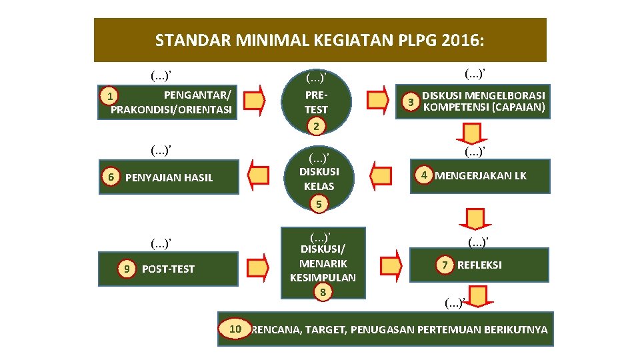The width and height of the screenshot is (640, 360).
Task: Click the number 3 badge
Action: tap(412, 102)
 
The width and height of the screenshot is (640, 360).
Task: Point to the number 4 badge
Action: tap(423, 175)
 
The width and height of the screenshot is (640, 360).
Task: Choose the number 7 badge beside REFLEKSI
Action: tap(443, 265)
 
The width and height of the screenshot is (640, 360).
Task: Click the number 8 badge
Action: tap(323, 292)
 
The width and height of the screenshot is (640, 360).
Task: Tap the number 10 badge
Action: tap(235, 329)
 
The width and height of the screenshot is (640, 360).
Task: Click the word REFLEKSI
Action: tap(479, 265)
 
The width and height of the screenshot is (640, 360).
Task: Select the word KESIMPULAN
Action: tap(323, 277)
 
